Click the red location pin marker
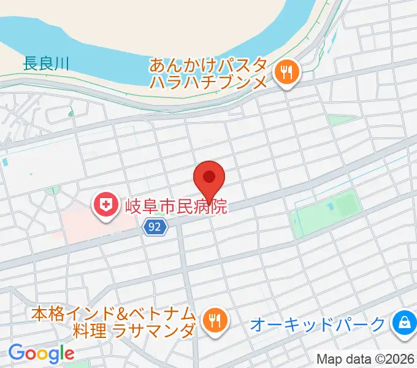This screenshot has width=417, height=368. (x=208, y=178)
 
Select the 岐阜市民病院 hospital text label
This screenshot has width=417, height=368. (x=176, y=205)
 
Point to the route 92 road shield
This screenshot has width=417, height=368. (x=156, y=228)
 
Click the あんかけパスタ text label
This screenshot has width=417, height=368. (x=208, y=65)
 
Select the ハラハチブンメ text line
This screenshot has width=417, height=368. (x=208, y=83)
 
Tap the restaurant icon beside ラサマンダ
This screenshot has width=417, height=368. (x=215, y=320)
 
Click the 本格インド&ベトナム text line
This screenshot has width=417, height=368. (x=113, y=313)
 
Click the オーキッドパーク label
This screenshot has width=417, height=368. (x=318, y=324)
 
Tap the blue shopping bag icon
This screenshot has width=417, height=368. (x=404, y=322)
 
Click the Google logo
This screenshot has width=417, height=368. (x=41, y=353)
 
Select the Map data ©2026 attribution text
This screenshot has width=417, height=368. (x=365, y=359)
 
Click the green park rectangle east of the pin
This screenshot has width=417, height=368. (x=325, y=212)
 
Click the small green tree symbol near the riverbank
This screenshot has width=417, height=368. (x=71, y=113)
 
